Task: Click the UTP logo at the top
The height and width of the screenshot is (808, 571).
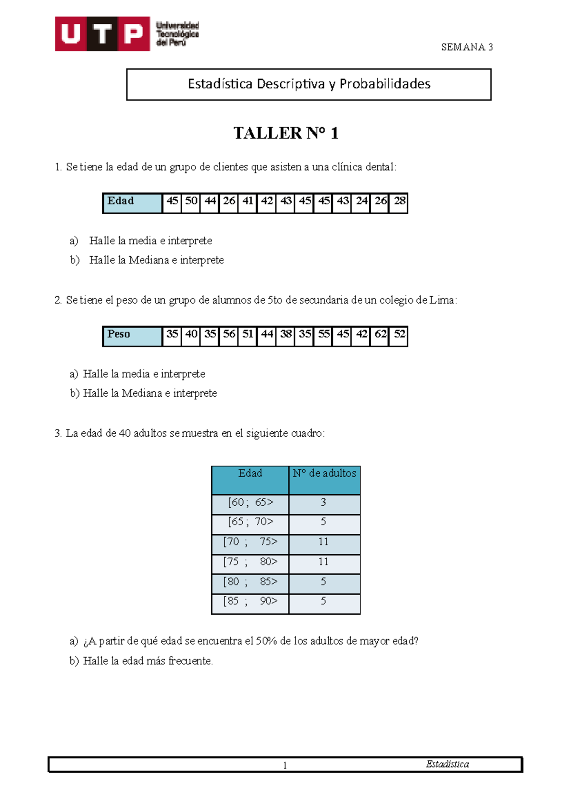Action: pyautogui.click(x=127, y=34)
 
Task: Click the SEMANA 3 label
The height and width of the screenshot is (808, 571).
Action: pyautogui.click(x=466, y=47)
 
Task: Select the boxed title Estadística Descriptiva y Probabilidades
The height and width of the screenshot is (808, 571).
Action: pyautogui.click(x=309, y=84)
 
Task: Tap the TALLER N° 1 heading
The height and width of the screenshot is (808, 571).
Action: pyautogui.click(x=286, y=133)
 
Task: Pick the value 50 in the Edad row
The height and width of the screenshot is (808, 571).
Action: pyautogui.click(x=191, y=201)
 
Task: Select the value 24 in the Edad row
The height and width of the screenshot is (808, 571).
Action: pyautogui.click(x=362, y=201)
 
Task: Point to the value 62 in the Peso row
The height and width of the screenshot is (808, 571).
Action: pyautogui.click(x=380, y=334)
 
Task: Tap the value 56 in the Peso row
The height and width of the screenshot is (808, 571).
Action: pyautogui.click(x=229, y=334)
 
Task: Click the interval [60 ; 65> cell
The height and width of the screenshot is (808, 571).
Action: pyautogui.click(x=250, y=503)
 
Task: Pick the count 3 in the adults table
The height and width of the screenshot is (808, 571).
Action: pyautogui.click(x=324, y=503)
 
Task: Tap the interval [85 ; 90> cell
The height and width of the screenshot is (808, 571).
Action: pyautogui.click(x=250, y=602)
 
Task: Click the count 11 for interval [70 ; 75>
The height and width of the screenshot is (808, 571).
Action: pyautogui.click(x=324, y=542)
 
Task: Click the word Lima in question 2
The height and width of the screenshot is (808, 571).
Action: pyautogui.click(x=441, y=300)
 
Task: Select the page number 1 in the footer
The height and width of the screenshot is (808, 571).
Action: pyautogui.click(x=285, y=766)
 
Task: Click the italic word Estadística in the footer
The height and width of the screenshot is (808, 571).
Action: pyautogui.click(x=447, y=765)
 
